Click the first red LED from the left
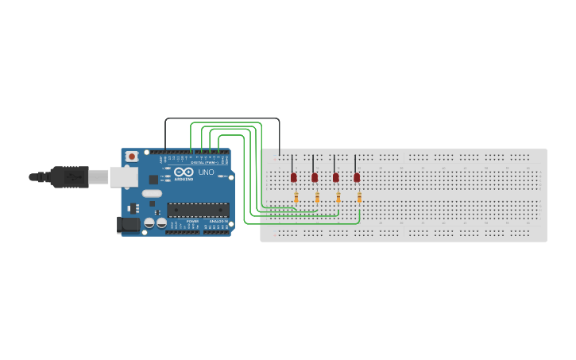click(x=293, y=177)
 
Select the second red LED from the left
click(x=315, y=177)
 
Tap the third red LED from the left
click(x=335, y=177)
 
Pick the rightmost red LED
click(x=357, y=177)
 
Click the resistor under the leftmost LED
click(x=296, y=197)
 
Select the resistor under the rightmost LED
click(x=359, y=197)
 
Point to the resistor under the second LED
click(x=317, y=197)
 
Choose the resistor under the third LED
click(x=338, y=197)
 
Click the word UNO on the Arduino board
click(x=206, y=172)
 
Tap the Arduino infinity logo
click(x=184, y=172)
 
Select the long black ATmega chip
click(x=198, y=210)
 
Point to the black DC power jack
click(x=128, y=225)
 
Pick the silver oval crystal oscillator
click(x=152, y=193)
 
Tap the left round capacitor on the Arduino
click(x=149, y=223)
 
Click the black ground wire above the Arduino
click(x=222, y=118)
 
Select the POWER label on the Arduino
click(x=192, y=221)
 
